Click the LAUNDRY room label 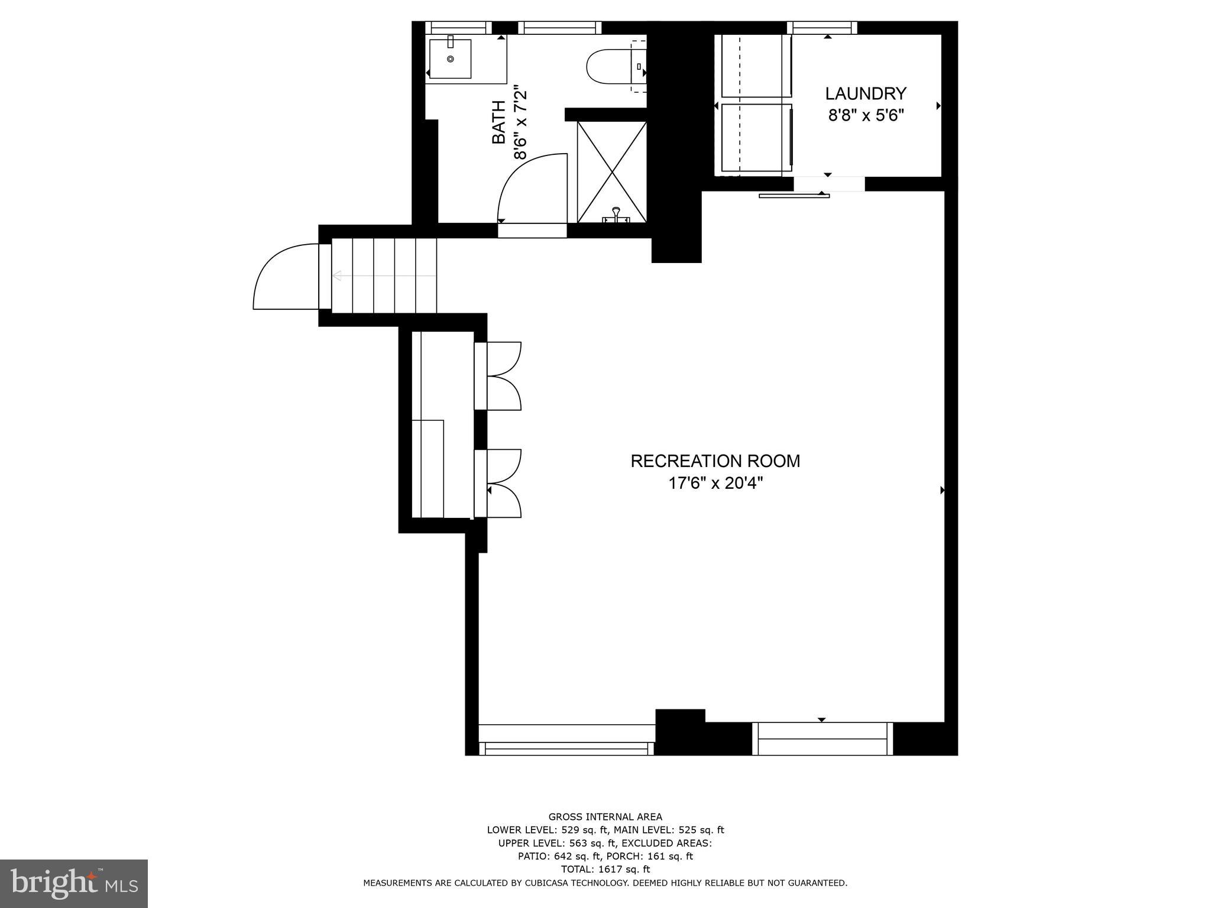click(x=866, y=94)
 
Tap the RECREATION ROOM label click(x=715, y=461)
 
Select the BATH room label click(x=499, y=122)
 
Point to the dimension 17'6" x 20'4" click(x=715, y=484)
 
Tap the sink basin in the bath click(x=451, y=59)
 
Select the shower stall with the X click(x=612, y=171)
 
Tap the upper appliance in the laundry click(x=755, y=66)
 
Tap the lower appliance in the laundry click(x=755, y=138)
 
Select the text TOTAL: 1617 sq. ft click(x=605, y=869)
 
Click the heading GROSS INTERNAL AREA click(x=605, y=817)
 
